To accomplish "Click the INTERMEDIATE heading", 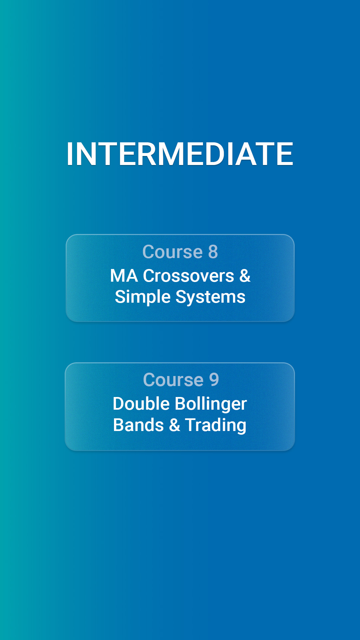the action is [180, 154].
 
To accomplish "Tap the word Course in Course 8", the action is [173, 252].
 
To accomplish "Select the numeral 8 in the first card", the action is [213, 252].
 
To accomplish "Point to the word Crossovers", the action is [189, 276].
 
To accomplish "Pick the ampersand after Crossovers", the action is [245, 276].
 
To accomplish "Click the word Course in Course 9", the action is [173, 380].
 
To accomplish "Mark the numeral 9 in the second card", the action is [214, 380].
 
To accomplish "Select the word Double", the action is [141, 404].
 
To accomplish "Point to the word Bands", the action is [139, 425].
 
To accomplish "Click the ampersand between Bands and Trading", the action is [175, 425].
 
